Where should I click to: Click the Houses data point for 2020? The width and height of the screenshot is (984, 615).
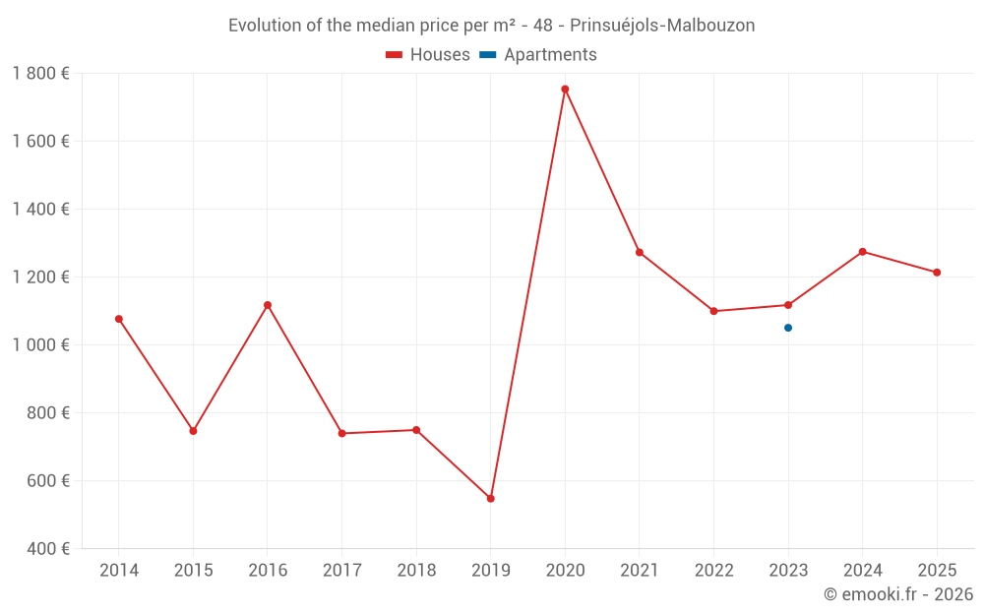click(565, 90)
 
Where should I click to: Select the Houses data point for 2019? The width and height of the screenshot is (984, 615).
click(490, 499)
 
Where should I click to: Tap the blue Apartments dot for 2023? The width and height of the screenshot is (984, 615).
click(788, 328)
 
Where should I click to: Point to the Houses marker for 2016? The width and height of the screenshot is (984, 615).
click(268, 305)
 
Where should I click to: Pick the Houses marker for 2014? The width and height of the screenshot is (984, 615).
click(119, 319)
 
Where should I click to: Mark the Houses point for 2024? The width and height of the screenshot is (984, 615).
click(863, 252)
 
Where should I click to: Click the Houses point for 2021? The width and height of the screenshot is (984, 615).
click(640, 253)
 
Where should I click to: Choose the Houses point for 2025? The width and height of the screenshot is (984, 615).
click(937, 273)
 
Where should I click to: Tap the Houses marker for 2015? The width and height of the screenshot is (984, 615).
click(193, 431)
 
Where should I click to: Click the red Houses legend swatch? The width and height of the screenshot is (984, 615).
click(395, 55)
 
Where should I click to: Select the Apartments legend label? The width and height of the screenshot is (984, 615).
click(550, 55)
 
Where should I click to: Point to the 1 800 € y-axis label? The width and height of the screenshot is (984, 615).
click(41, 74)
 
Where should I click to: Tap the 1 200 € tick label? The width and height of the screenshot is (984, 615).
click(41, 277)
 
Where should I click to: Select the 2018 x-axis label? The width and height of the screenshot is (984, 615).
click(416, 571)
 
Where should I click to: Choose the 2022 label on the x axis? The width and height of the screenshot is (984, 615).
click(713, 571)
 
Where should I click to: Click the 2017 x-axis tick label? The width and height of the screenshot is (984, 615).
click(341, 571)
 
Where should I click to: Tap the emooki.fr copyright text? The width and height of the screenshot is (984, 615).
click(898, 594)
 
